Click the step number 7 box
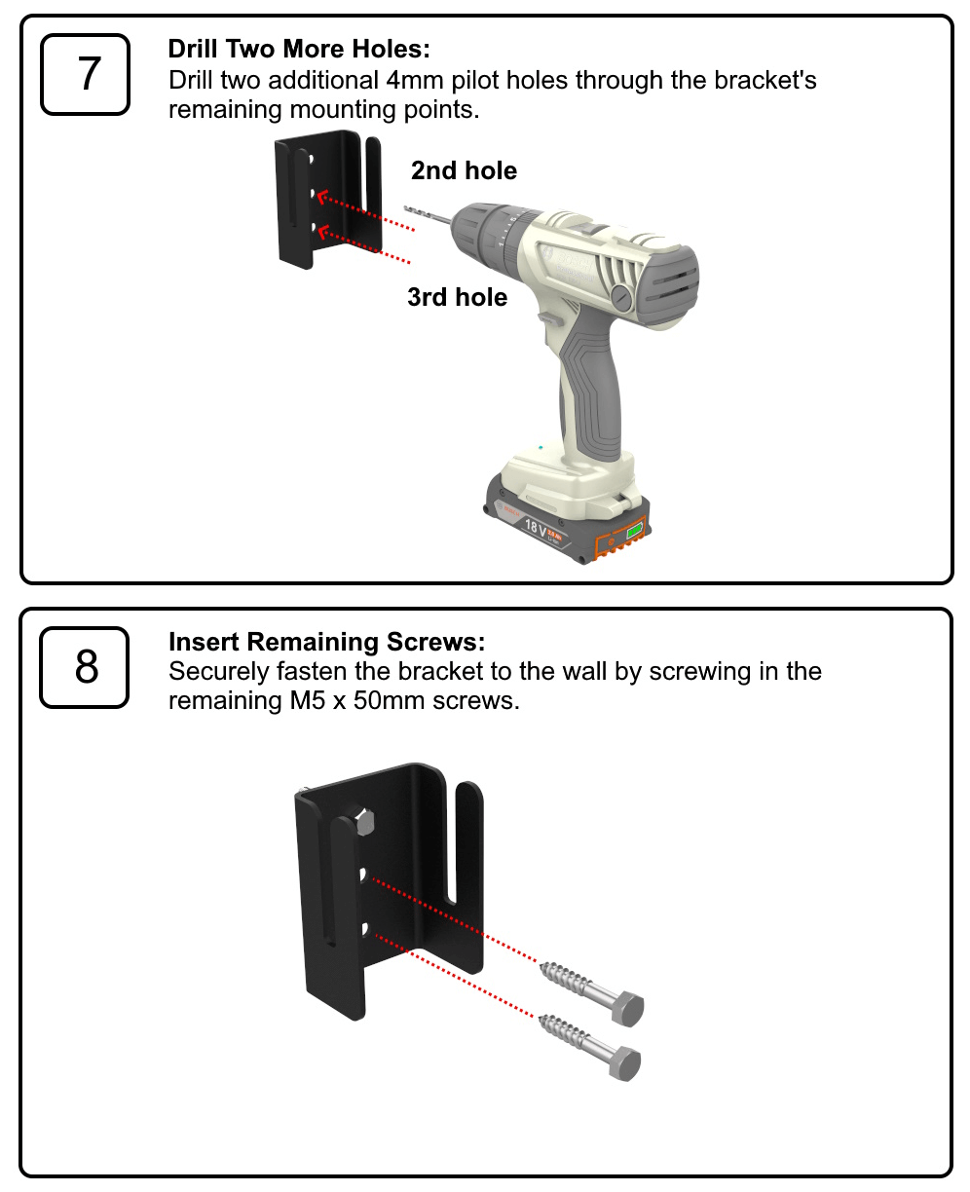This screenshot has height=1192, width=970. pyautogui.click(x=85, y=75)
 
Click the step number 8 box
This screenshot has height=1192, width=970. pyautogui.click(x=85, y=667)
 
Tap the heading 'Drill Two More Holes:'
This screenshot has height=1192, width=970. pyautogui.click(x=298, y=49)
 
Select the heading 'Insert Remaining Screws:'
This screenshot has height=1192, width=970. pyautogui.click(x=326, y=642)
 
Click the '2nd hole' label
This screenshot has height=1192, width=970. pyautogui.click(x=464, y=171)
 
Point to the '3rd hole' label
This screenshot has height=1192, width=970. pyautogui.click(x=457, y=297)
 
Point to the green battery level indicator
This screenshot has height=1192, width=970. pyautogui.click(x=635, y=531)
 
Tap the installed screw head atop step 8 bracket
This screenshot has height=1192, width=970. pyautogui.click(x=364, y=823)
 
